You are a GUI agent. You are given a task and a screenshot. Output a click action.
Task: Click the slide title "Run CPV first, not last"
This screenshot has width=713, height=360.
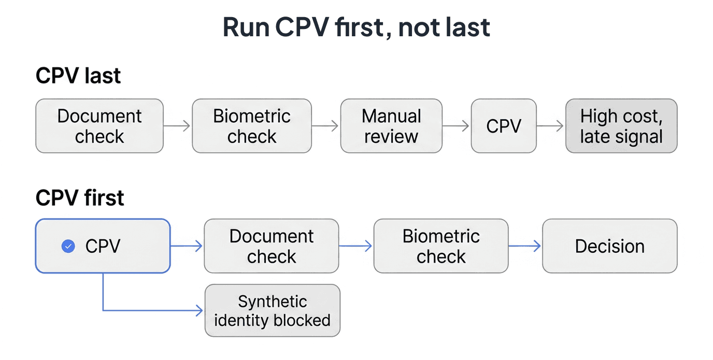(356, 27)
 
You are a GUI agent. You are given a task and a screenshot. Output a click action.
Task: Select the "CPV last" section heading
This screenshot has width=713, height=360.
(78, 76)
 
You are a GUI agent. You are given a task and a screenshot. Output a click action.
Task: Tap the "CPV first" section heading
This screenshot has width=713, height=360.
(80, 198)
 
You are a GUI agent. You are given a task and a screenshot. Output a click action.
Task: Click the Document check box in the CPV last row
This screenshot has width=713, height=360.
(99, 126)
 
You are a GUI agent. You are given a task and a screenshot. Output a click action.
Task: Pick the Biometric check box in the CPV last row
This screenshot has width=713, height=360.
(252, 126)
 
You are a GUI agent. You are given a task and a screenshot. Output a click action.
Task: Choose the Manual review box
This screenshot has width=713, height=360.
(391, 126)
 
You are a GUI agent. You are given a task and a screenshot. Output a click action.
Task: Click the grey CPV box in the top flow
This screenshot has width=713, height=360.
(504, 126)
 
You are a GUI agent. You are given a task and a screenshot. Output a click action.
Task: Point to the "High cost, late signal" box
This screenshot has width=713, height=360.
(621, 126)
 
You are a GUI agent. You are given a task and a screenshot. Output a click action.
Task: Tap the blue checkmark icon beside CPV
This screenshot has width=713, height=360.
(68, 246)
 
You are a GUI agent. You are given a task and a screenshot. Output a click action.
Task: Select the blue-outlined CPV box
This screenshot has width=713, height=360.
(103, 246)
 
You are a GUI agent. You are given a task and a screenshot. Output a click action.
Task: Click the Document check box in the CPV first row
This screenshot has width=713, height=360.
(272, 246)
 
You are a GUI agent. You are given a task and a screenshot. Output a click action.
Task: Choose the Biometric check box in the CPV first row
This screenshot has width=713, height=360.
(441, 246)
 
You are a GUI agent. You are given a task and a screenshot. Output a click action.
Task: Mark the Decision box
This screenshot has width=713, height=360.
(610, 246)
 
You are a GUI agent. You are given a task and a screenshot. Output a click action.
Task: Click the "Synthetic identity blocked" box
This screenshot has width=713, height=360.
(273, 310)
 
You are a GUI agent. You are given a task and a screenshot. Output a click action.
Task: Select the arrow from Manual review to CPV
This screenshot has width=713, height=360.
(455, 126)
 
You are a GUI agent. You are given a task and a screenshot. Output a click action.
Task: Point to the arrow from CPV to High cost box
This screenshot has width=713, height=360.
(550, 126)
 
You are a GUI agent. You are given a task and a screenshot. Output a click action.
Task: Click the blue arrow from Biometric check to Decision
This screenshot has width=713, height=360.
(524, 246)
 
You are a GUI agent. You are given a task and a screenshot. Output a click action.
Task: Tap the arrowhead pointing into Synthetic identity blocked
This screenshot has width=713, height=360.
(199, 310)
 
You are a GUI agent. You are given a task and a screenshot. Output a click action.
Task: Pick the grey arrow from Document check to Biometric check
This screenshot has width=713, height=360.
(177, 126)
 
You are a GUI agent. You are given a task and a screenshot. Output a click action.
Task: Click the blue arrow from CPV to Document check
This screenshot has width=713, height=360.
(187, 246)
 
